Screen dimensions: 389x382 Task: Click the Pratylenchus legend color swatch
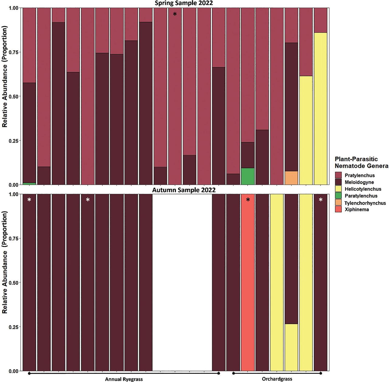[338, 175]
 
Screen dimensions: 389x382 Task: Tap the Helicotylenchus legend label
[363, 189]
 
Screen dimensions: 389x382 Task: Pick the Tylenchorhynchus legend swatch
[338, 202]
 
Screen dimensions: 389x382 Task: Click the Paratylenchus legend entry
[356, 196]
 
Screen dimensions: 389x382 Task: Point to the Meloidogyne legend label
[359, 182]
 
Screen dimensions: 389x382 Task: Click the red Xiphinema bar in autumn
[248, 282]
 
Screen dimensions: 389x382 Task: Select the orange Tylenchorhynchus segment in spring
[291, 178]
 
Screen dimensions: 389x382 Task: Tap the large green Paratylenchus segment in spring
[248, 176]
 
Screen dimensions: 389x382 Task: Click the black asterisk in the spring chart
[175, 14]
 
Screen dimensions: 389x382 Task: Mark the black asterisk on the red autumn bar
[248, 200]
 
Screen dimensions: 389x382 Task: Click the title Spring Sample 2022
[184, 3]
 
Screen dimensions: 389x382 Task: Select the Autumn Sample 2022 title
[184, 190]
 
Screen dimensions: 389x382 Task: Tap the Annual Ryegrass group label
[124, 379]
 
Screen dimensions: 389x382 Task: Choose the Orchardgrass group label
[277, 379]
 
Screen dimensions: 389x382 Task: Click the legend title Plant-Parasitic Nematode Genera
[361, 162]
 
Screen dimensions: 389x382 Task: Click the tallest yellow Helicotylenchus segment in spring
[320, 108]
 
